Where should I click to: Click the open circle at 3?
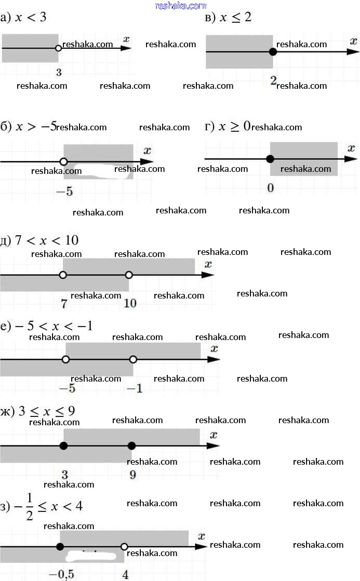tap(58, 48)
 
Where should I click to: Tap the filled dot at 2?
tap(273, 51)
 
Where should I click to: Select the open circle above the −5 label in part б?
tap(63, 161)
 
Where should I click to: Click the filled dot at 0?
tap(270, 159)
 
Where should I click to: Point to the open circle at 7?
tap(63, 275)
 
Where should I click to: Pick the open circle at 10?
tap(129, 275)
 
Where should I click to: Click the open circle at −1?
tap(133, 359)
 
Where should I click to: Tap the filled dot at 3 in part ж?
tap(63, 445)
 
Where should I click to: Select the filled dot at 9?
tap(131, 445)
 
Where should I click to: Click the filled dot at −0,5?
tap(60, 546)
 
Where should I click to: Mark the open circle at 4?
tap(124, 546)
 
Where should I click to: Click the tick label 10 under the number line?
tap(130, 303)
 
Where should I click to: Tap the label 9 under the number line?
tap(132, 475)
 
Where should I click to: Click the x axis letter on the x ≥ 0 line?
tap(351, 148)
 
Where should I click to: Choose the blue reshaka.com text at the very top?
tap(181, 6)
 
